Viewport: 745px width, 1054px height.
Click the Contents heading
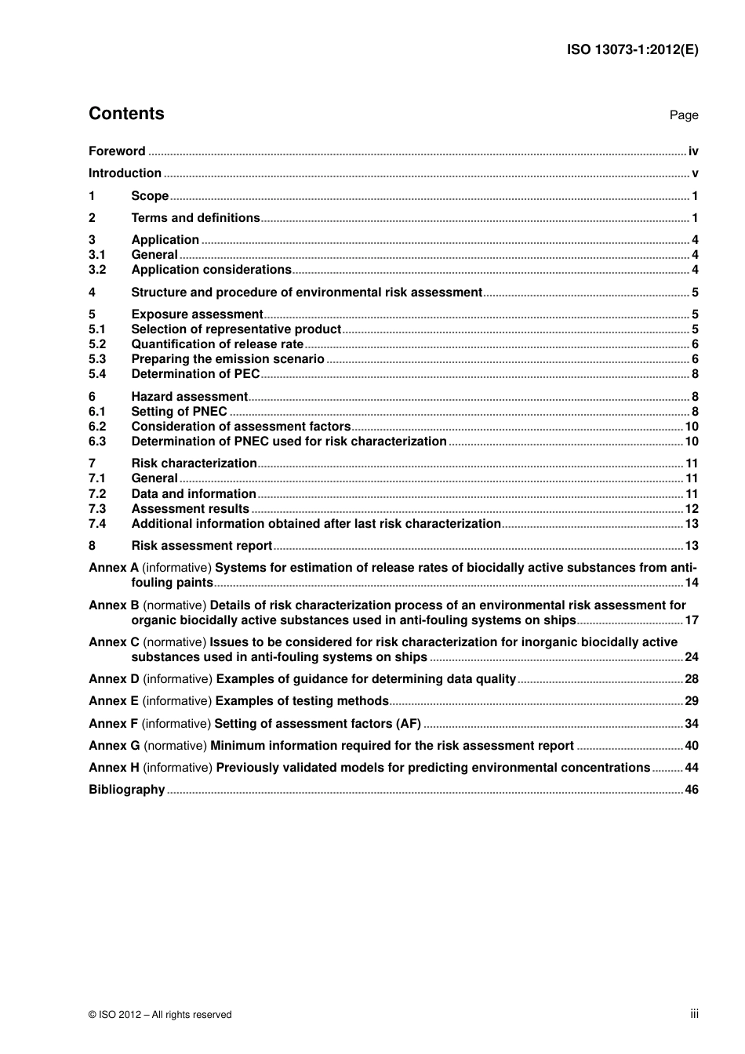126,114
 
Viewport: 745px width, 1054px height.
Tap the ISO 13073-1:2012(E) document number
632,49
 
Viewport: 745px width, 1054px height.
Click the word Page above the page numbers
683,115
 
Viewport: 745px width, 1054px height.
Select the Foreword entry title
117,151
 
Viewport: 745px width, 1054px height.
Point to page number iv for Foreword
692,151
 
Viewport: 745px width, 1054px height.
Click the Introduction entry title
125,173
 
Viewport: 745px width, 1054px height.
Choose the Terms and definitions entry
195,218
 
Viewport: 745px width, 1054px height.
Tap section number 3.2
97,270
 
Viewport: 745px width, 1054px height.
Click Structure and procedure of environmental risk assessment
306,293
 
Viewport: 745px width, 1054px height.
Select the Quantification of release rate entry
217,344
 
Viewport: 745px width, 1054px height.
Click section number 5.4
97,374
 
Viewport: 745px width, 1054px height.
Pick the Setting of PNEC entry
179,412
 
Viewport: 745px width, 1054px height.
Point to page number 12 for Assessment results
691,509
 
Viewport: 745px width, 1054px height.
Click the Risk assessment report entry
202,546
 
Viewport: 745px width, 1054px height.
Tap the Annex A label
114,568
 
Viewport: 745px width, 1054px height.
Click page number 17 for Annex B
691,620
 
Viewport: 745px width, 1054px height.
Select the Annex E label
114,701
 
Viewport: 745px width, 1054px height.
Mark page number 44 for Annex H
691,768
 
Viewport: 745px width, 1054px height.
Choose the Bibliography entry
126,790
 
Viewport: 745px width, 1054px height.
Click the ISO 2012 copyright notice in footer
160,1015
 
